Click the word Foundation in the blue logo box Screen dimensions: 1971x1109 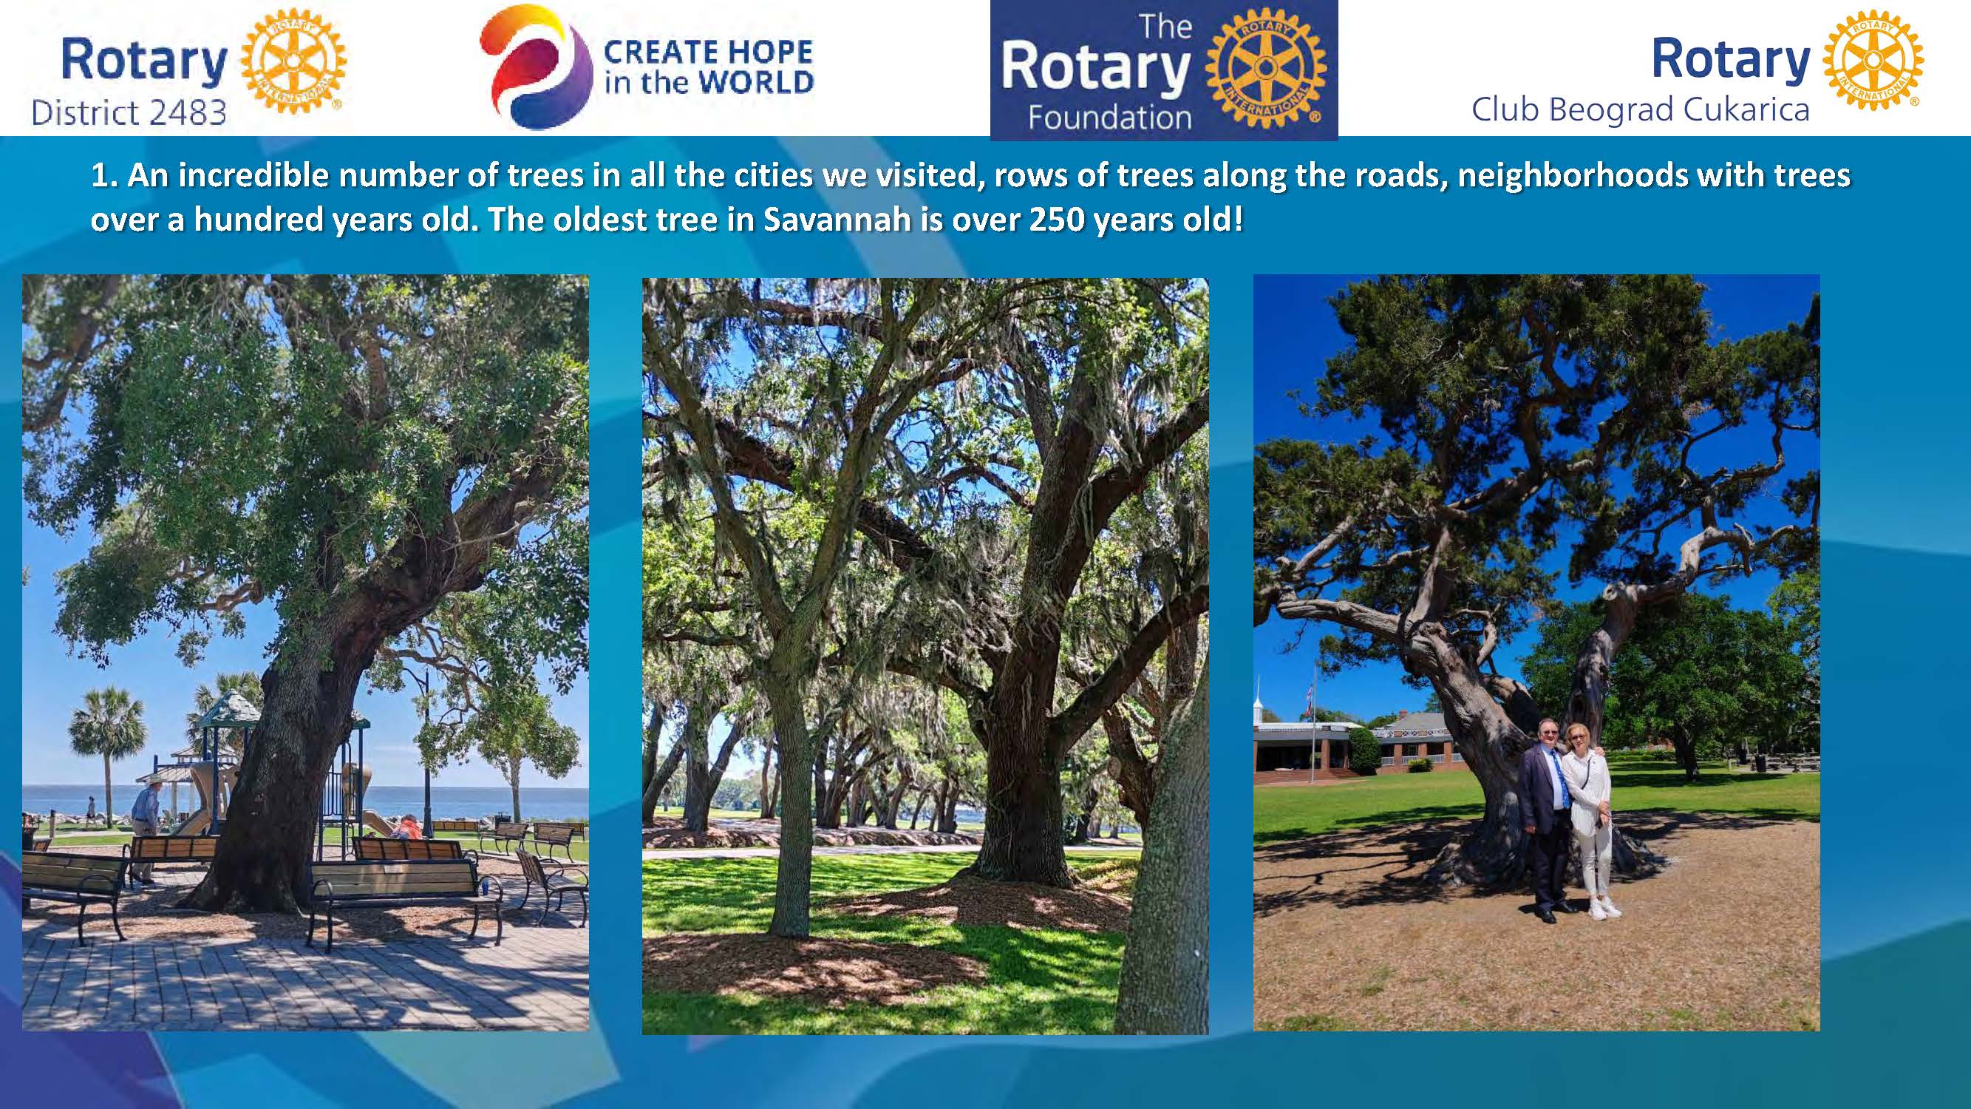coord(1110,118)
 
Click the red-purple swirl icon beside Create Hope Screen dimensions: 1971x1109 coord(536,67)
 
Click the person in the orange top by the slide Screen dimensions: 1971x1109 coord(408,828)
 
